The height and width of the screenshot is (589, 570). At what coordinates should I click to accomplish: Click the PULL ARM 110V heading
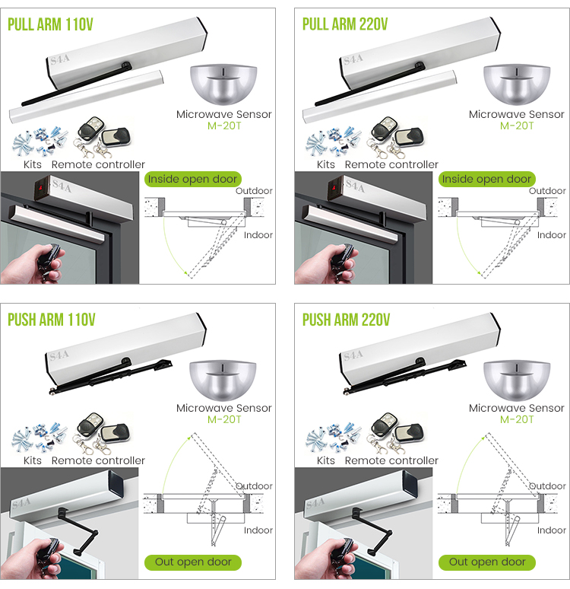50,24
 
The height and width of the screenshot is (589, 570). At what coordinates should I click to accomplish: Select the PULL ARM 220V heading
345,24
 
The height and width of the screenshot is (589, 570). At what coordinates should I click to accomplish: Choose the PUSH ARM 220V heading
347,319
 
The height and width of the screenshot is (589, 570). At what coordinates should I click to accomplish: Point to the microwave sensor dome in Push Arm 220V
515,378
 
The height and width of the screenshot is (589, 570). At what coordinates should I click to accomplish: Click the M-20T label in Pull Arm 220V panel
517,126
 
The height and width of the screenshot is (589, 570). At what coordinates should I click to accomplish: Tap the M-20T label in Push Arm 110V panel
223,419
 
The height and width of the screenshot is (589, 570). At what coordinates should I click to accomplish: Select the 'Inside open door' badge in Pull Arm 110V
192,179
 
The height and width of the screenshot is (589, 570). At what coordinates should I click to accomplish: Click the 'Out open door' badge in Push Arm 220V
486,562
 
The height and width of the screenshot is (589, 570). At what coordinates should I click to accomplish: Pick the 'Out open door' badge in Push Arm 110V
193,562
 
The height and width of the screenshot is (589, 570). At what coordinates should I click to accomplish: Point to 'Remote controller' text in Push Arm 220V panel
391,460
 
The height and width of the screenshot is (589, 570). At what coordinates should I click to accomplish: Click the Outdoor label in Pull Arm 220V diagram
547,191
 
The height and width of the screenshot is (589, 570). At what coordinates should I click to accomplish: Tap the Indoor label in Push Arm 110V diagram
258,530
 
